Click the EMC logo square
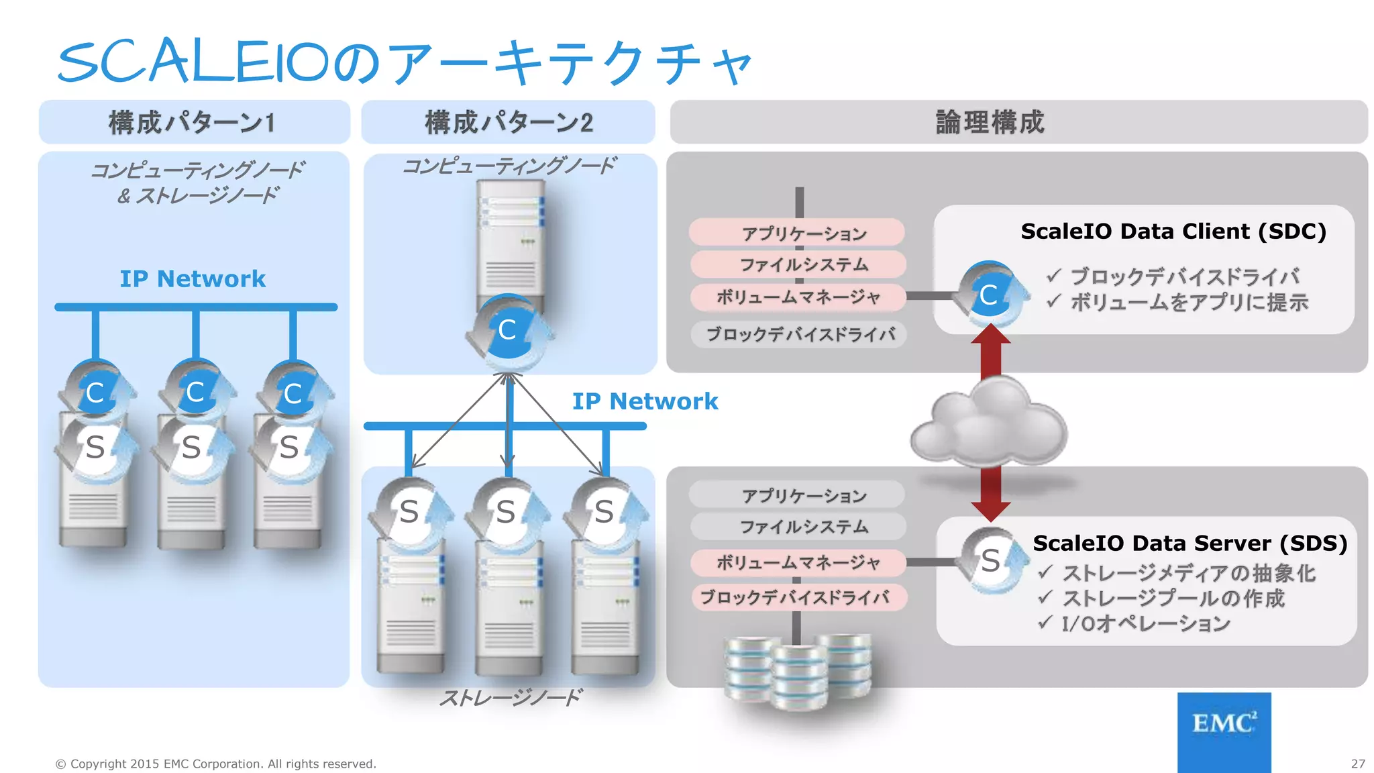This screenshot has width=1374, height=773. click(x=1224, y=731)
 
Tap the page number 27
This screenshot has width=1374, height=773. click(x=1358, y=764)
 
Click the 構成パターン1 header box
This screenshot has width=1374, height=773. click(x=194, y=122)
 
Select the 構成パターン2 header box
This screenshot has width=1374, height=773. click(x=508, y=122)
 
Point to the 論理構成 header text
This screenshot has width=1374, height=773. click(x=990, y=122)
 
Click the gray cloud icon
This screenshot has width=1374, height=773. click(x=989, y=423)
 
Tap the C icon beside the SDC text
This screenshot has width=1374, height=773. click(x=990, y=295)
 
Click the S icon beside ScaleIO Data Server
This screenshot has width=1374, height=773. click(x=990, y=560)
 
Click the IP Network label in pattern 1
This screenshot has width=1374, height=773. click(x=193, y=278)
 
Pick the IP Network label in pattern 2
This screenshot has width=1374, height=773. click(x=645, y=401)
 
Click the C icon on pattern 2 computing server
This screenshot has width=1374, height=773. click(x=508, y=330)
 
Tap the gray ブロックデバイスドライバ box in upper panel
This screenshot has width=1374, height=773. click(x=799, y=334)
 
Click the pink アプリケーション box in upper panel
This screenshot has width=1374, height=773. click(x=798, y=233)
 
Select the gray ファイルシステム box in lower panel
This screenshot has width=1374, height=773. click(x=798, y=527)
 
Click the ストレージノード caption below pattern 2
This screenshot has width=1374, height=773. click(x=510, y=698)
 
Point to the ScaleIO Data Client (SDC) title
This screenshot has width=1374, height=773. click(x=1173, y=231)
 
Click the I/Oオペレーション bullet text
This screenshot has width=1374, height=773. click(x=1145, y=624)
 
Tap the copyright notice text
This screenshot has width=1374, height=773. click(x=215, y=764)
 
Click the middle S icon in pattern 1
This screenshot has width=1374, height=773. click(x=192, y=447)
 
